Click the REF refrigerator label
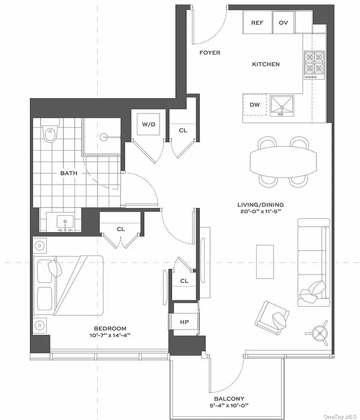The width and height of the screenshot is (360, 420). (x=257, y=23)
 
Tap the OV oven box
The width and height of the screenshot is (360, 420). (x=283, y=23)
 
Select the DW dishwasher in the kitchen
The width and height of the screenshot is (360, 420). (x=255, y=104)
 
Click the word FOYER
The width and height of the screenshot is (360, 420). (x=210, y=52)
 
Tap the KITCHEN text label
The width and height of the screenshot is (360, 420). (x=266, y=64)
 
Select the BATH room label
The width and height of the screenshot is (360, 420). (x=68, y=173)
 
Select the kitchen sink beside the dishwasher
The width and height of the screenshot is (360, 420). (x=282, y=106)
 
